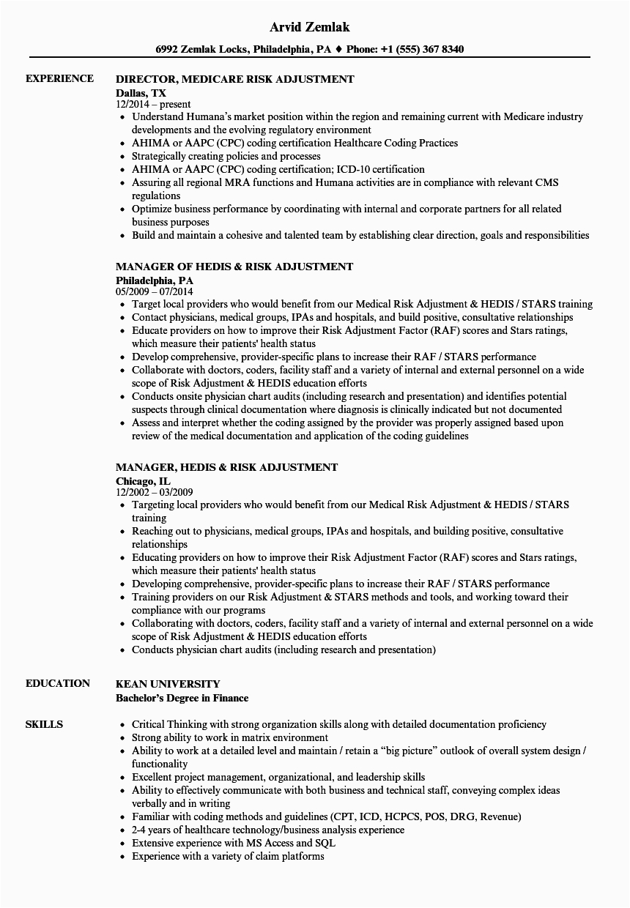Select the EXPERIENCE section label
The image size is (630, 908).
coord(59,78)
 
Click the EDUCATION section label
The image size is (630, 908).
coord(58,683)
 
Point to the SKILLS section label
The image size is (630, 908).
coord(44,724)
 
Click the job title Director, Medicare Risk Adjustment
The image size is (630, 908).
coord(234,78)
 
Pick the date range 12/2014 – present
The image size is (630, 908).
coord(153,104)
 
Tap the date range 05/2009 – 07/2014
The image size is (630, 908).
coord(155,291)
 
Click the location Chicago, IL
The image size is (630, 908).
coord(143,480)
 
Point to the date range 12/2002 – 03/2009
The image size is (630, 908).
coord(155,492)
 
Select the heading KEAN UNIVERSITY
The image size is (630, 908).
coord(168,683)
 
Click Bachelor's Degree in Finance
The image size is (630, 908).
coord(182,698)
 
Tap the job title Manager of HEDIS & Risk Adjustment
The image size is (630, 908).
coord(234,267)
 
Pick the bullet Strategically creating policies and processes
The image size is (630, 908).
coord(226,156)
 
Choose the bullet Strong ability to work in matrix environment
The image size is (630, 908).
coord(229,737)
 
